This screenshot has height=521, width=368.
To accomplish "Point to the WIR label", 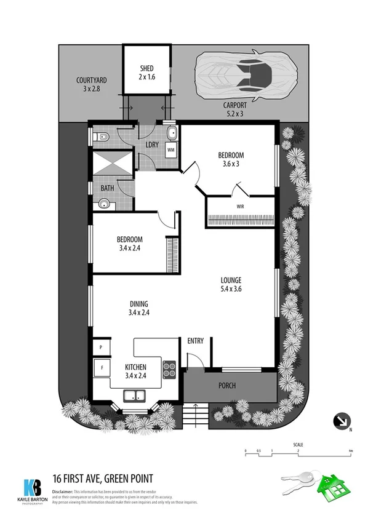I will [241, 207].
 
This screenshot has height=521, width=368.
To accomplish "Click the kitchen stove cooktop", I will [169, 369].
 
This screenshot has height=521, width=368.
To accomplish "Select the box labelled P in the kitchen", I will [100, 348].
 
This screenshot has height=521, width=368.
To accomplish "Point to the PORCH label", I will [227, 386].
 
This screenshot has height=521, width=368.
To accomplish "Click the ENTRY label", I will [195, 341].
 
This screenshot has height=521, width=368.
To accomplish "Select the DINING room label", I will [140, 308].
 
